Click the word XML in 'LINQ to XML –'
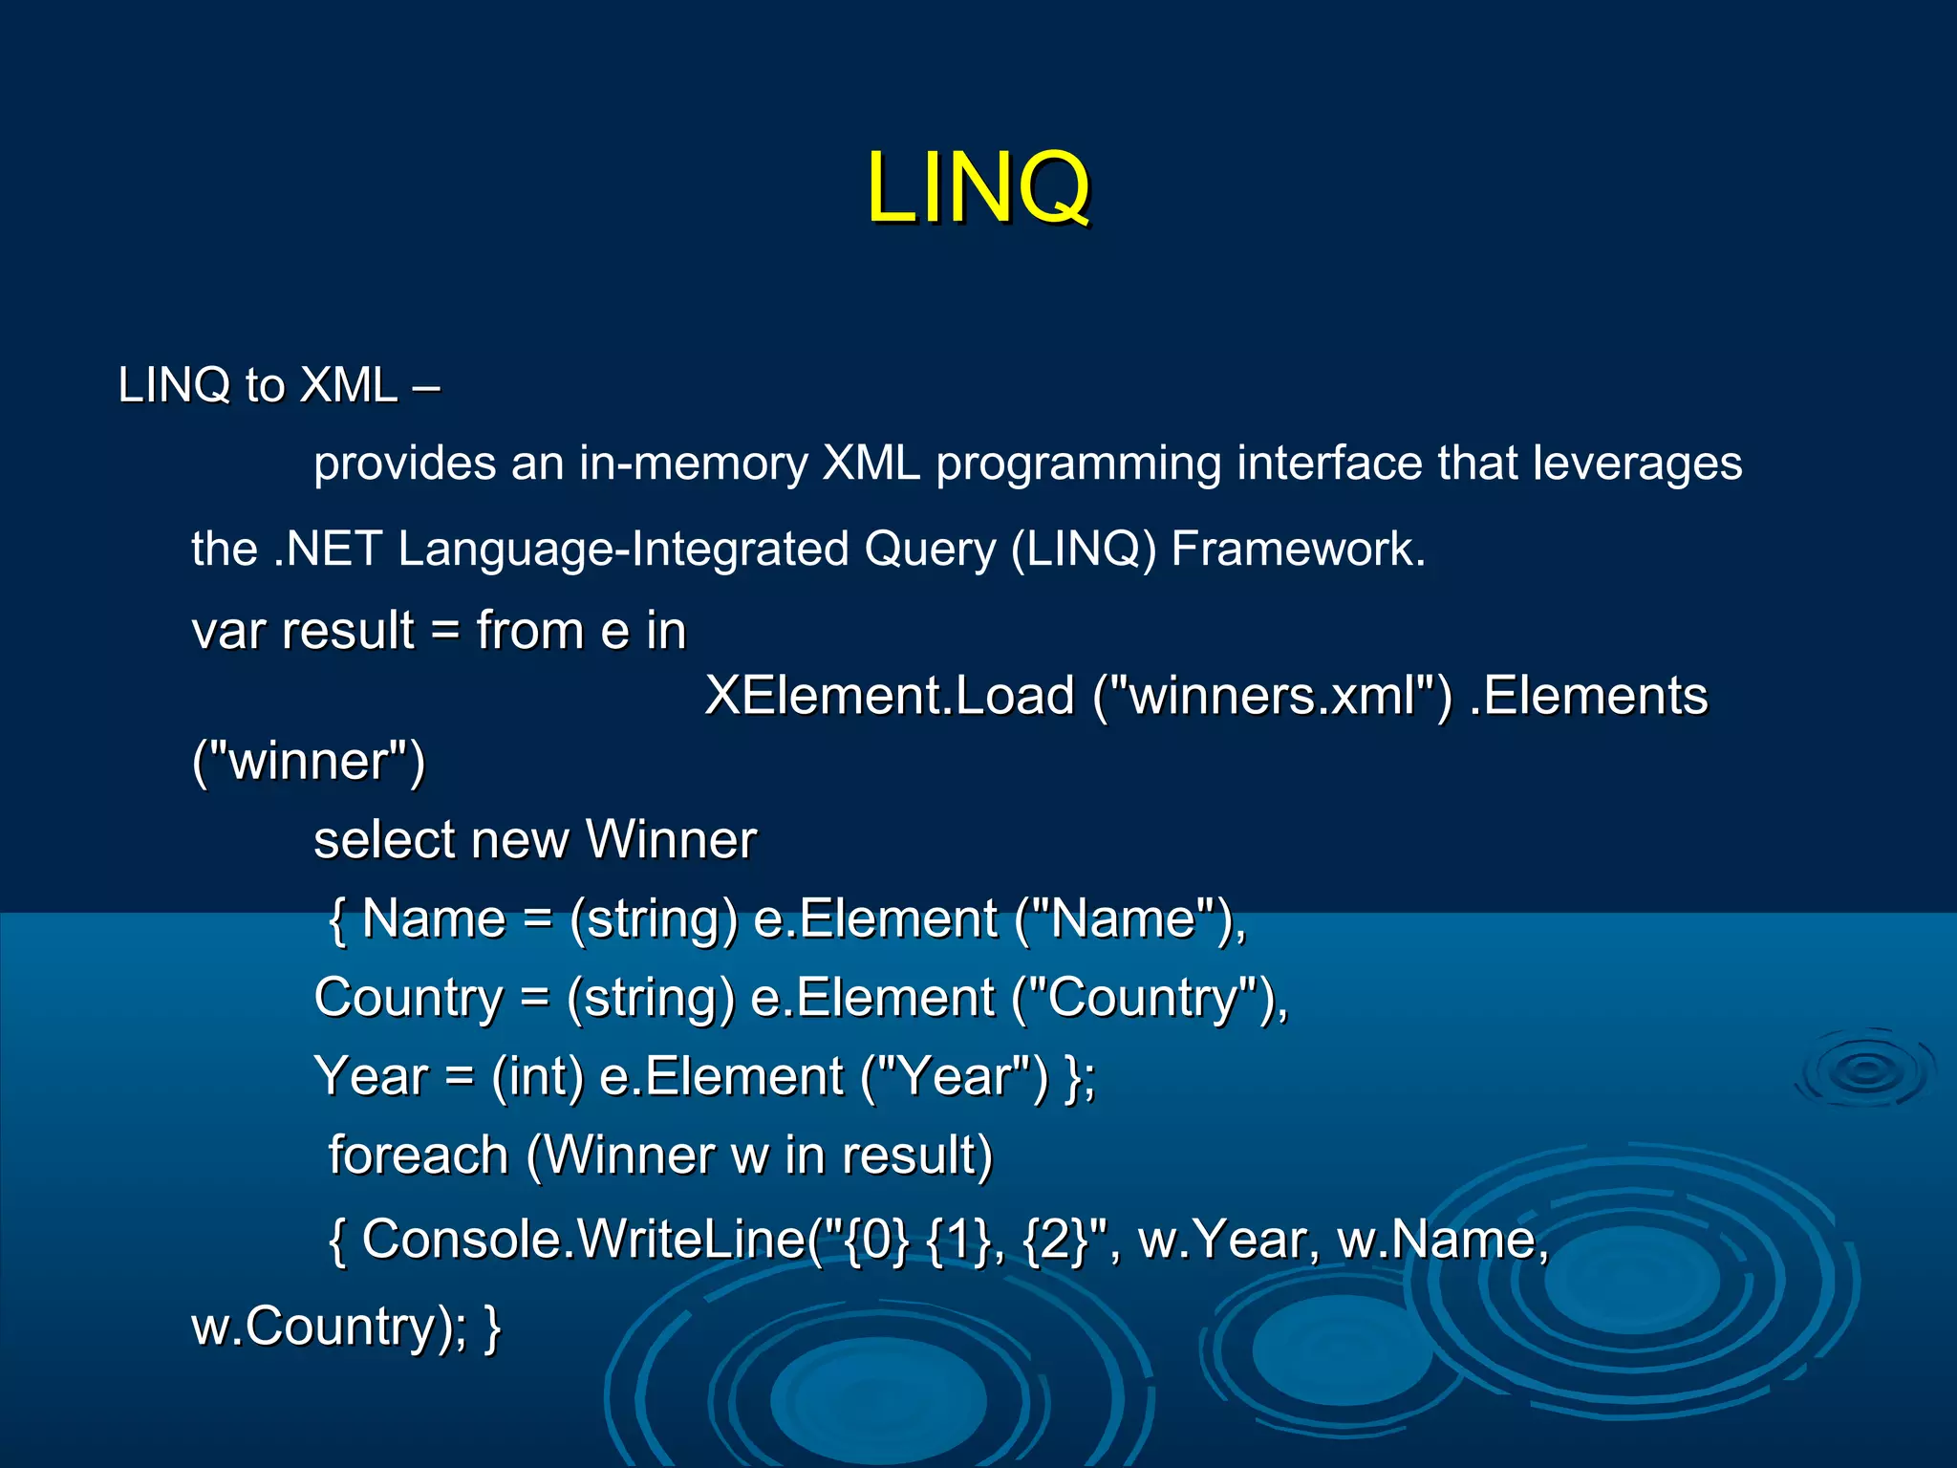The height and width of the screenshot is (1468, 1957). [x=348, y=385]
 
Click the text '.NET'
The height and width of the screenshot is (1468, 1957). [x=328, y=549]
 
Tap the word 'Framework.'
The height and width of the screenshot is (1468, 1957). [x=1298, y=549]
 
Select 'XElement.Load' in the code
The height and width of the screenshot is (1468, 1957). [x=890, y=696]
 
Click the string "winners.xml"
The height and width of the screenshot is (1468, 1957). [x=1272, y=695]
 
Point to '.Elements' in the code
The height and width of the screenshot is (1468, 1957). [x=1587, y=695]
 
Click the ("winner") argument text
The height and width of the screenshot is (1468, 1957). [x=308, y=762]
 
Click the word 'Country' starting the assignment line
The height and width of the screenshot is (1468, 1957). [x=408, y=999]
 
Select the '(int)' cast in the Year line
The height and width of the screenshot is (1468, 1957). [x=537, y=1077]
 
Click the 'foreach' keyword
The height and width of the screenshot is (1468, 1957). [x=418, y=1155]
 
